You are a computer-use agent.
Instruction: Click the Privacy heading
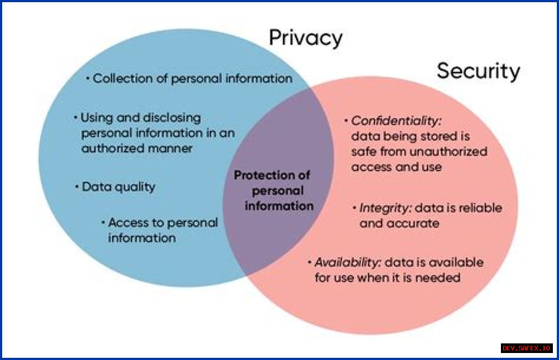pos(305,38)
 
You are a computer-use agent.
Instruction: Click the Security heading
pos(478,71)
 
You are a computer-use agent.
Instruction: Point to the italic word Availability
pos(348,263)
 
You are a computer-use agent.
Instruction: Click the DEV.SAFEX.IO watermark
pos(526,348)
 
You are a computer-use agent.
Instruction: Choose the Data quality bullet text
pos(118,187)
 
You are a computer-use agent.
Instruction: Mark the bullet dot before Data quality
pos(77,187)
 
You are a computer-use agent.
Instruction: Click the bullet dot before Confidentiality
pos(346,120)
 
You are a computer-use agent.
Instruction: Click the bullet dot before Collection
pos(88,79)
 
